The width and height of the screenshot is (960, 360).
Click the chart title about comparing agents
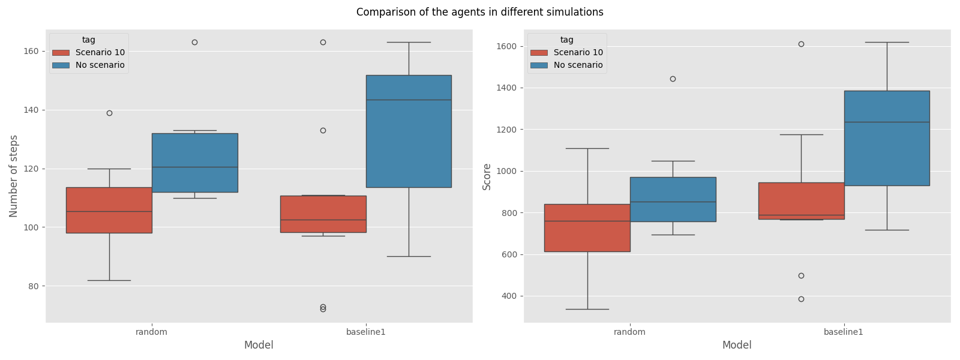[479, 12]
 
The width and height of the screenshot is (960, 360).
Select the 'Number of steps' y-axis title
[14, 176]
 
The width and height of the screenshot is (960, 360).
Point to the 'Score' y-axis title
[487, 176]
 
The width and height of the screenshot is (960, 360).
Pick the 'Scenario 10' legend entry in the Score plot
[578, 52]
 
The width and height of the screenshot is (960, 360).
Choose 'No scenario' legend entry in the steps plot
[100, 65]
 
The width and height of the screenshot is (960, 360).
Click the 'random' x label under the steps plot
[151, 331]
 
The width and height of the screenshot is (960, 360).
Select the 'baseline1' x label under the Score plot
[843, 331]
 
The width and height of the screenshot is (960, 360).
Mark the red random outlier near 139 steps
[109, 113]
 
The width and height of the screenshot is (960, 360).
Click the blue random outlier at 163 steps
[194, 42]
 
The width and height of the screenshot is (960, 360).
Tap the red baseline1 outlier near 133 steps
[323, 130]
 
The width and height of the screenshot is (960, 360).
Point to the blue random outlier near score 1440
[673, 79]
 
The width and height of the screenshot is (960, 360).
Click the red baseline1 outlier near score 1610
[801, 44]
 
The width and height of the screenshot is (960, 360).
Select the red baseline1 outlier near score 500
[801, 275]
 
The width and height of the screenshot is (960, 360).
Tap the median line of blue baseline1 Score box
[887, 122]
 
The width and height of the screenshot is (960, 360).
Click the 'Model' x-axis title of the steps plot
[259, 345]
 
